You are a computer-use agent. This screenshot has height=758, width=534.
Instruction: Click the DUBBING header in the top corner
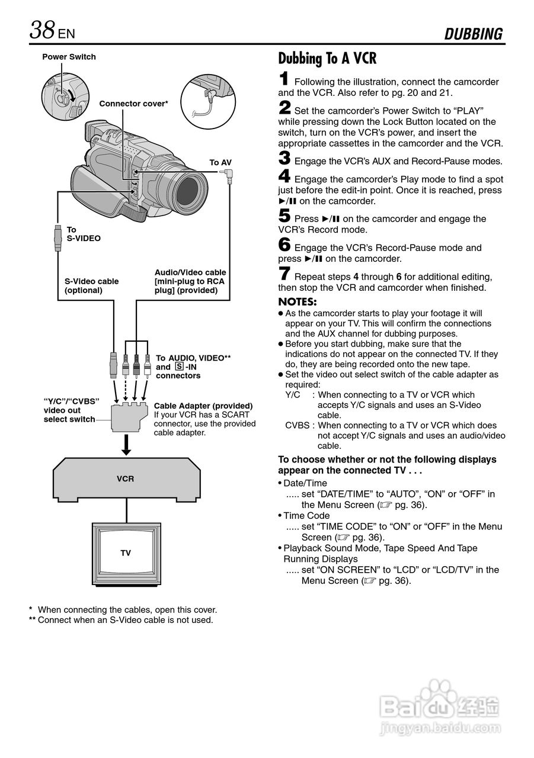474,34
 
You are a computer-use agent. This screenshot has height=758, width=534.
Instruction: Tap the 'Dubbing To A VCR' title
327,59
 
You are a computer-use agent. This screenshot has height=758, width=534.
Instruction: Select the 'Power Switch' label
69,57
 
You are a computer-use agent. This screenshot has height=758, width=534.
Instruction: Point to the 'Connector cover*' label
133,104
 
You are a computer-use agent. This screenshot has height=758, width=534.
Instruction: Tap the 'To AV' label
220,162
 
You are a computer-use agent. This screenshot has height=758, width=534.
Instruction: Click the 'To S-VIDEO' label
83,234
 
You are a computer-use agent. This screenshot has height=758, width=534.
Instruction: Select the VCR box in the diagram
126,478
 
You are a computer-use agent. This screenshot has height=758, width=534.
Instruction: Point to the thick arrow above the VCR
126,445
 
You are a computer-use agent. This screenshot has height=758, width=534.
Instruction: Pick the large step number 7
284,274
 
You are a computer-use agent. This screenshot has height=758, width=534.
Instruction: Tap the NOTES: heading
298,301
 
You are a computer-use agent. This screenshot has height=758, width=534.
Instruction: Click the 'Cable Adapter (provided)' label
203,406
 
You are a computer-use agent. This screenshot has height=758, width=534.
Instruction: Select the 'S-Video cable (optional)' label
91,285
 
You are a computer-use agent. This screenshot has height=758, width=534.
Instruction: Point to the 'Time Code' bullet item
306,516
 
